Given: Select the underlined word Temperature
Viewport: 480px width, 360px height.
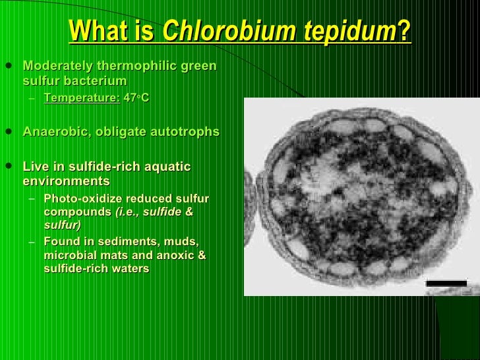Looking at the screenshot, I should point(82,98).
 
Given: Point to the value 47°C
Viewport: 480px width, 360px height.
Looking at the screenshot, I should point(136,98).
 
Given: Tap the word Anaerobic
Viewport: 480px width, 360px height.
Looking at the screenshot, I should point(51,132).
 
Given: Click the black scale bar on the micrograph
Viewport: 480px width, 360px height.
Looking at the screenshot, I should point(446,284).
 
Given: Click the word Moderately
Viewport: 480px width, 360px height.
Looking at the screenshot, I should point(56,67).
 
